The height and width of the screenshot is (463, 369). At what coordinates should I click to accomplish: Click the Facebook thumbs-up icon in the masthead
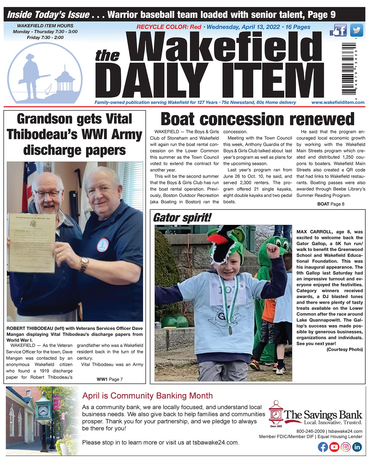[x=338, y=30]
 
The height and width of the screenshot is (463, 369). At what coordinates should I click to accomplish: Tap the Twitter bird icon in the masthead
[x=356, y=30]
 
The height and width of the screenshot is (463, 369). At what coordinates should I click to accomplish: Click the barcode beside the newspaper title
[x=349, y=69]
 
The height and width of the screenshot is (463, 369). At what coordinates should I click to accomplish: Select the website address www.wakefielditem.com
[x=338, y=102]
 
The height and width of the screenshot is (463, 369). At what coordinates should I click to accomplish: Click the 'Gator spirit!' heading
[x=182, y=218]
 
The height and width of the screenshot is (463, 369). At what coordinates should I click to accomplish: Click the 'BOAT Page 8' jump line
[x=331, y=204]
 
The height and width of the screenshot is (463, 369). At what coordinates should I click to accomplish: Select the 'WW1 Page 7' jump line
[x=110, y=379]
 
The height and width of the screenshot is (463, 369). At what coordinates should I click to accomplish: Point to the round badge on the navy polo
[x=103, y=245]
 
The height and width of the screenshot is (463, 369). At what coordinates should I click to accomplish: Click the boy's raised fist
[x=273, y=251]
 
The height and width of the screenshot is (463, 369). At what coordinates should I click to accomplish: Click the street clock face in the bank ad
[x=43, y=411]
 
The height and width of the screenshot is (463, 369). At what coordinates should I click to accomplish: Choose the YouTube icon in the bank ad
[x=334, y=447]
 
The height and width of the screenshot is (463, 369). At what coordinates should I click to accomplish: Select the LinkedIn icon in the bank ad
[x=357, y=447]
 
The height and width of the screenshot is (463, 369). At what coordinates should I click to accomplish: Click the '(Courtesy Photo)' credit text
[x=344, y=349]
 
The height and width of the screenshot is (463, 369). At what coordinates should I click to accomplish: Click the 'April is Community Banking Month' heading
[x=147, y=396]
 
